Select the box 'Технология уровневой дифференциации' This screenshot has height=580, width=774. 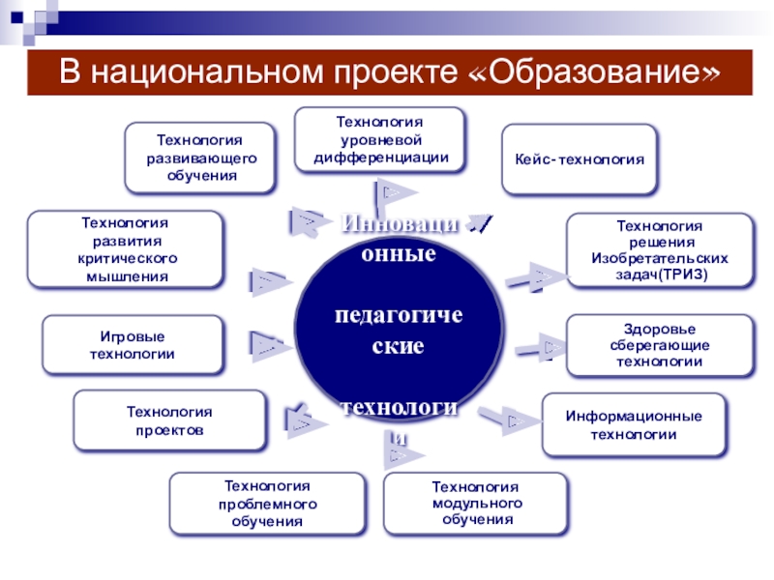(379, 140)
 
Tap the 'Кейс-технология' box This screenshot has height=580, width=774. (579, 158)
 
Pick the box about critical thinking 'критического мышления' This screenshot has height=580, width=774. (123, 249)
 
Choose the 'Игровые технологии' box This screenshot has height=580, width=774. (132, 345)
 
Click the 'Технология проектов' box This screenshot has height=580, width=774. (169, 420)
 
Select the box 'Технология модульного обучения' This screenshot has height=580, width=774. (476, 503)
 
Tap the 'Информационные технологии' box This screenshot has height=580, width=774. (633, 425)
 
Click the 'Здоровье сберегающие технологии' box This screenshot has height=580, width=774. (659, 346)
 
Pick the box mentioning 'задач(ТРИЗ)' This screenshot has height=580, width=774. (659, 250)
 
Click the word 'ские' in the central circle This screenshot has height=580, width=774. (398, 345)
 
